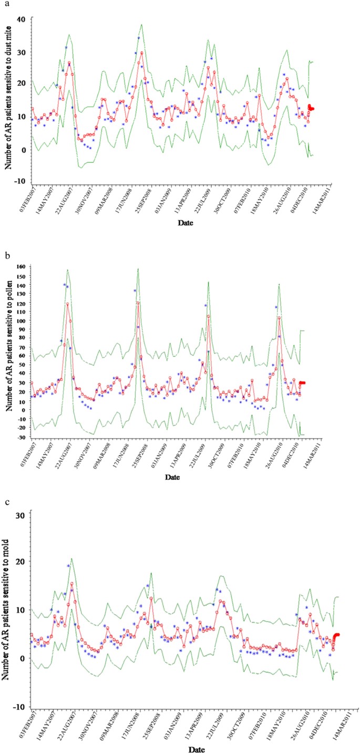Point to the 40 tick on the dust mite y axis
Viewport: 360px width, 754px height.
pos(22,19)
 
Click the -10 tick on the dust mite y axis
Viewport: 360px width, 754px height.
pos(20,181)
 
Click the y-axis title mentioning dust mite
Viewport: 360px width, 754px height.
pos(8,100)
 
